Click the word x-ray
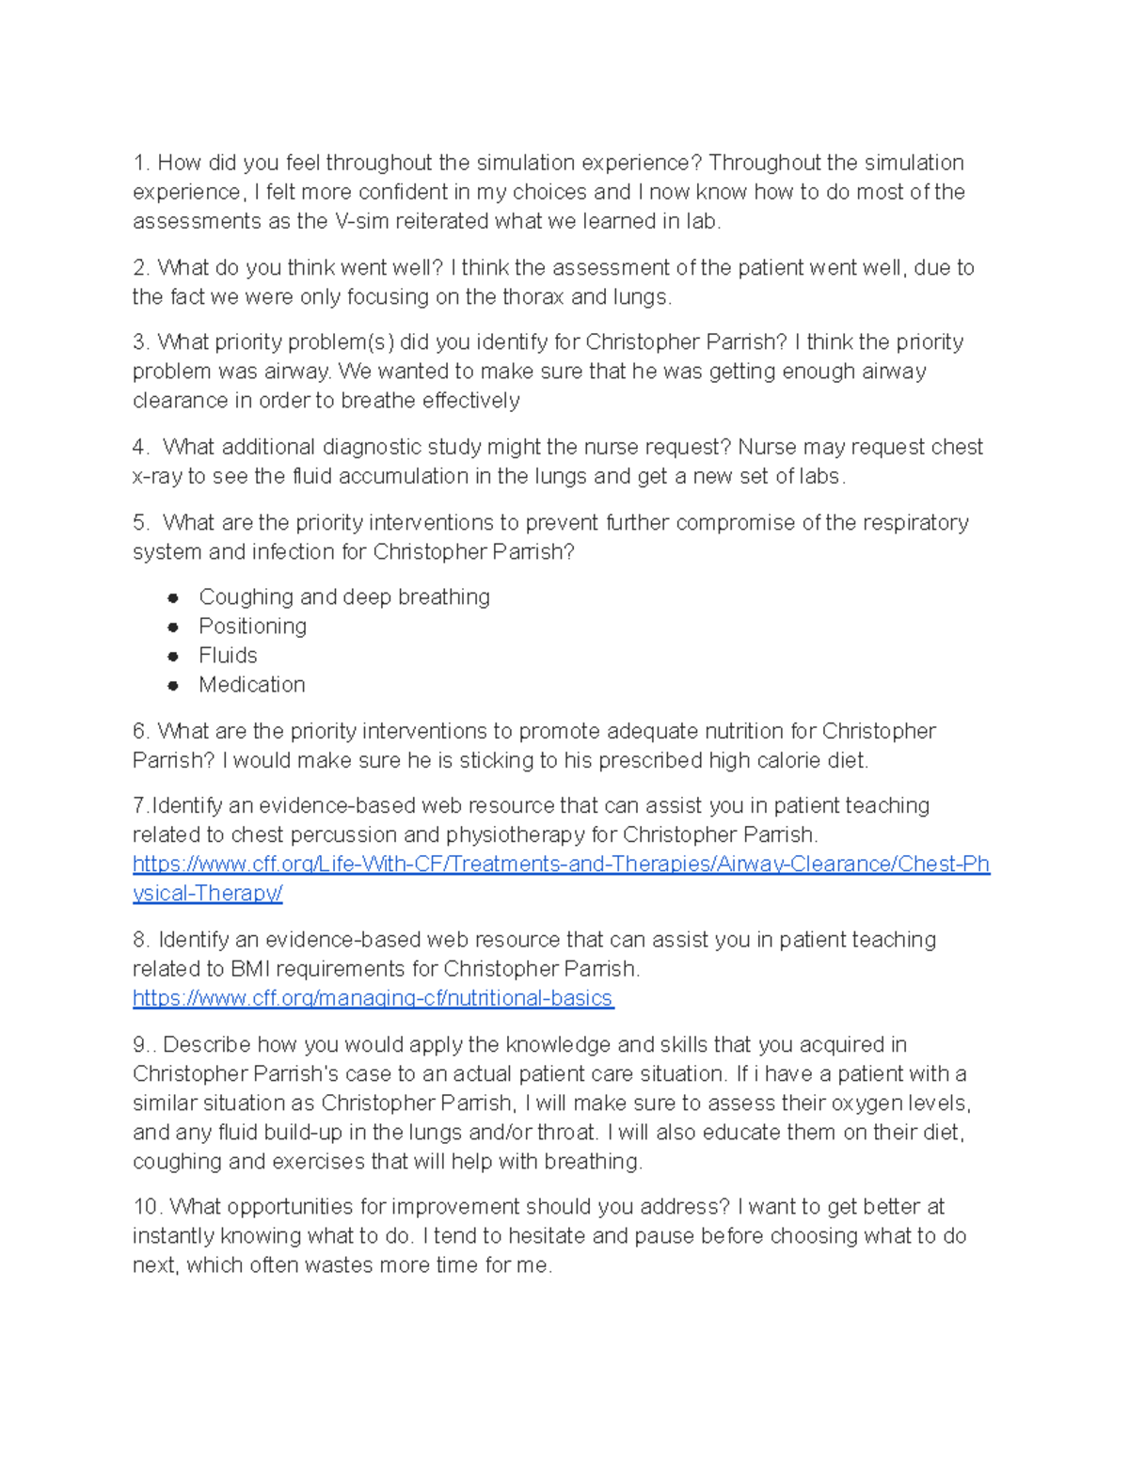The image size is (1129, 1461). coord(157,476)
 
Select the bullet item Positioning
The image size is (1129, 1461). coord(252,627)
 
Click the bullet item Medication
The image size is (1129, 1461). coord(251,685)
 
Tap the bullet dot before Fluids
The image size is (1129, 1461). coord(173,656)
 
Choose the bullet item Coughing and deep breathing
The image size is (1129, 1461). coord(343,597)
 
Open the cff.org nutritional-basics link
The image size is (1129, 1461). coord(373,998)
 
